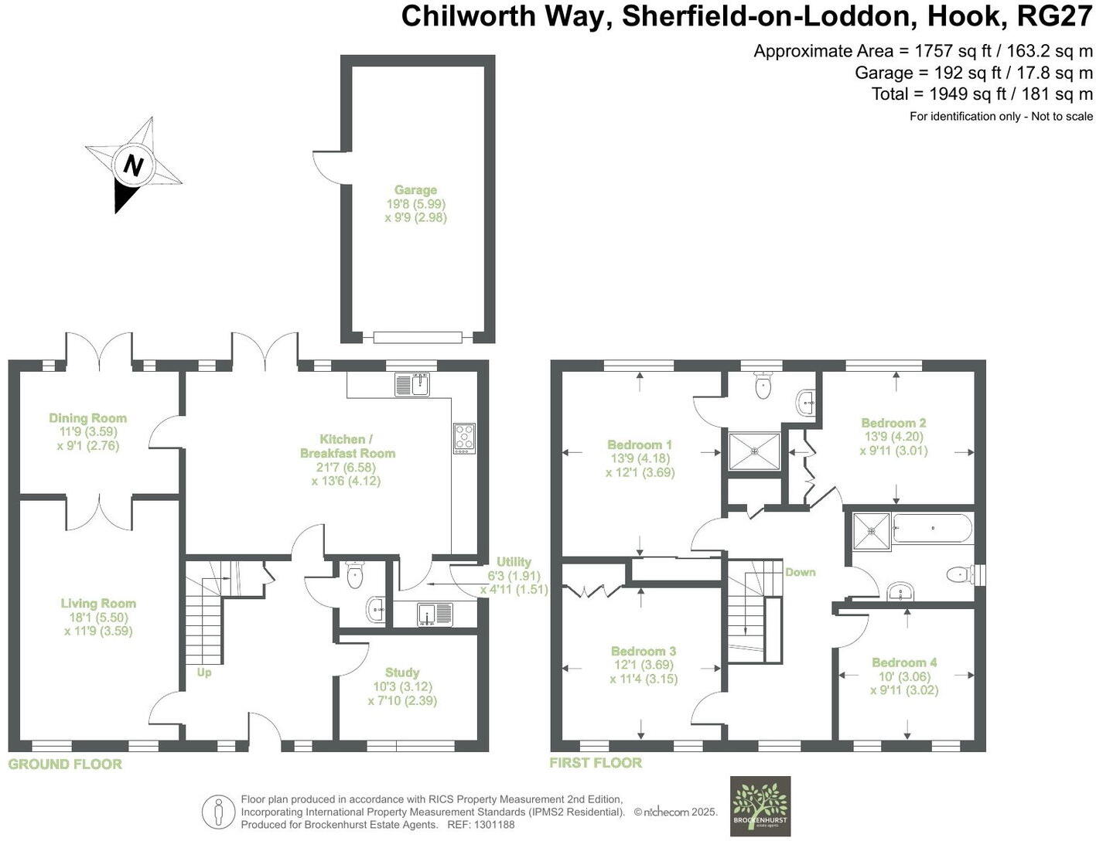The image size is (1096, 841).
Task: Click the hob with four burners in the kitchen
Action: point(464,438)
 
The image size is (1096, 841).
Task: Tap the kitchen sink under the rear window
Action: point(411,384)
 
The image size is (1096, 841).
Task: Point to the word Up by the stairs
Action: point(203,672)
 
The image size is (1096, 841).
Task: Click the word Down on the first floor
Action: point(800,572)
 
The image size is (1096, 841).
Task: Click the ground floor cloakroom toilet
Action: point(355,575)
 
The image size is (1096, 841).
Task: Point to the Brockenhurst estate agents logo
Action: point(760,805)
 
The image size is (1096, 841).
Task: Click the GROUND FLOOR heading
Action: point(65,764)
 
